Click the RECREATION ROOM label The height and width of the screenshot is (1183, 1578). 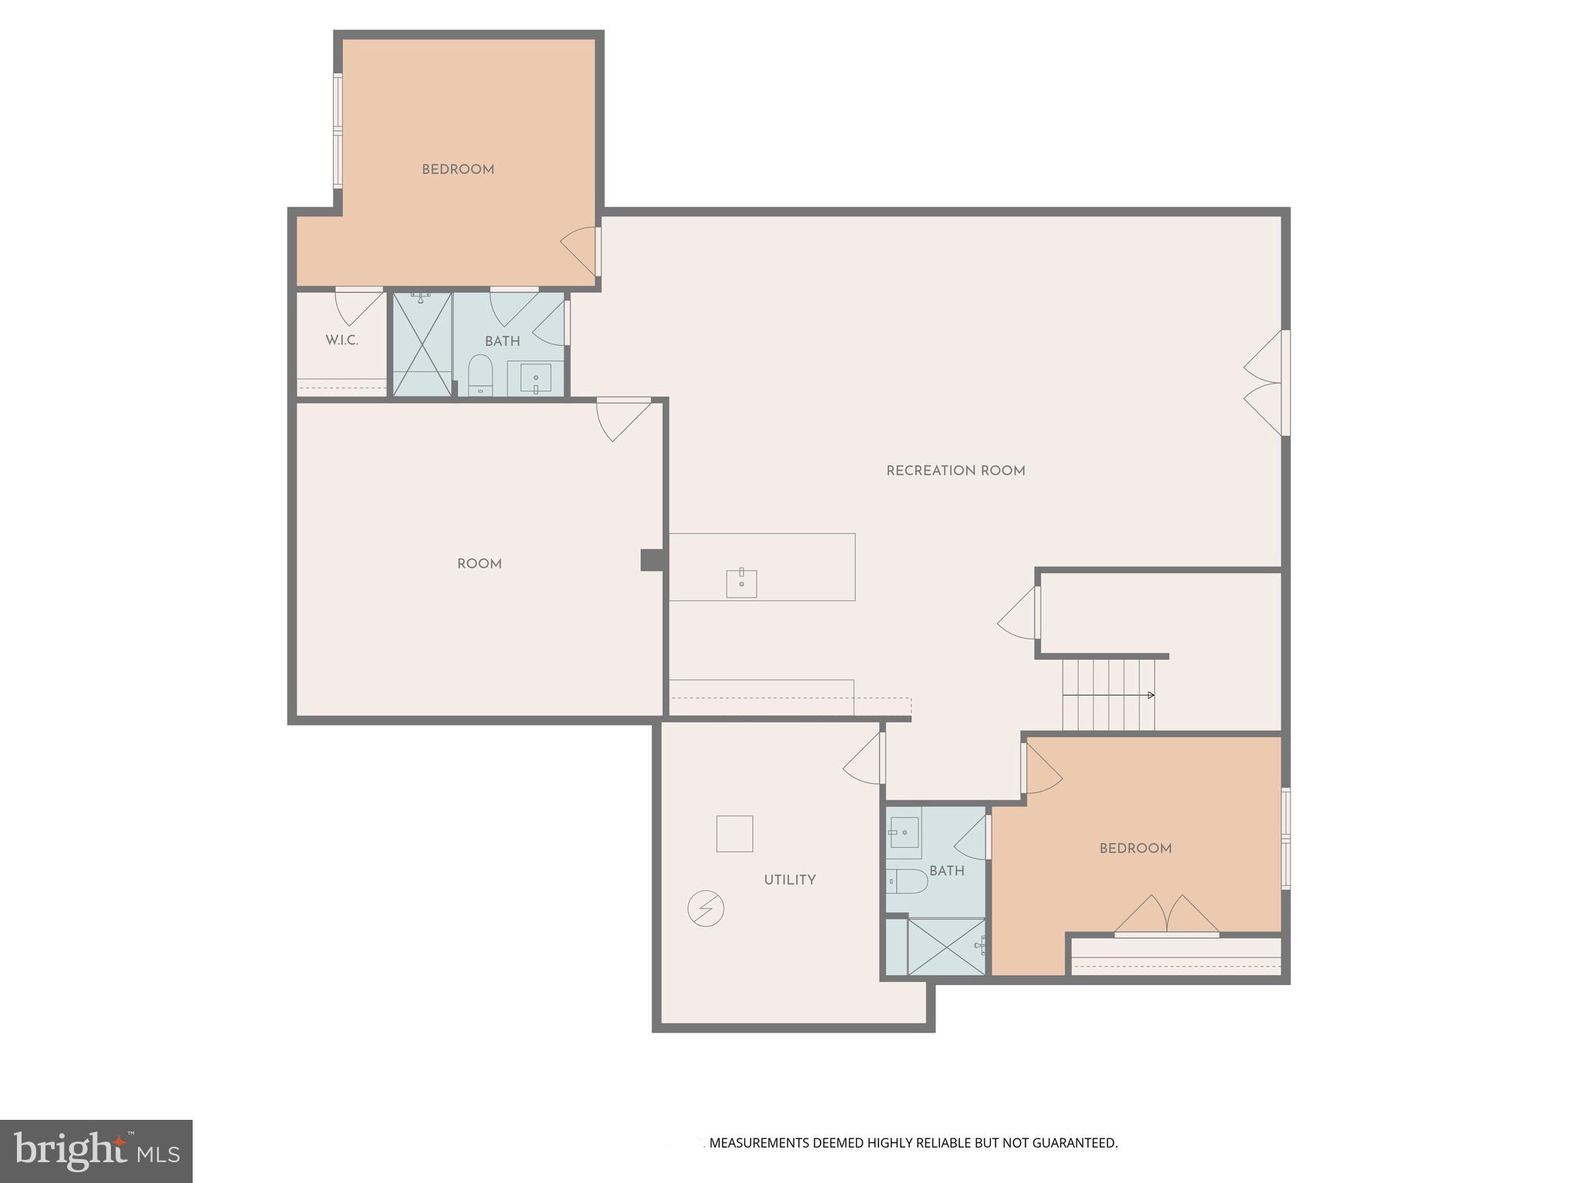pyautogui.click(x=955, y=471)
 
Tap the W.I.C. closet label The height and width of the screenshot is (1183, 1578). pyautogui.click(x=341, y=340)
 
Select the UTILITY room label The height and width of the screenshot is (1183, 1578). pyautogui.click(x=790, y=880)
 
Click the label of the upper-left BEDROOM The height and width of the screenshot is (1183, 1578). pyautogui.click(x=458, y=169)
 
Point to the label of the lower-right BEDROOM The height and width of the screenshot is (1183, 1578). pyautogui.click(x=1135, y=848)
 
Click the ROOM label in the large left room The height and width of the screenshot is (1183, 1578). pyautogui.click(x=479, y=564)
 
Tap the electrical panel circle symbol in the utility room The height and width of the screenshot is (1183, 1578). pyautogui.click(x=706, y=909)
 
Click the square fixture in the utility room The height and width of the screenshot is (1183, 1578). pyautogui.click(x=734, y=833)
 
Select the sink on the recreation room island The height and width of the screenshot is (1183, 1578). pyautogui.click(x=741, y=584)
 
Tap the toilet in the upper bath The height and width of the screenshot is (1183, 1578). pyautogui.click(x=480, y=374)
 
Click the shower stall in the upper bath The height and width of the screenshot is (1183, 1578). pyautogui.click(x=422, y=344)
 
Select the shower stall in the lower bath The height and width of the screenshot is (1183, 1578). pyautogui.click(x=946, y=947)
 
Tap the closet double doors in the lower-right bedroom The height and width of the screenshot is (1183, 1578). pyautogui.click(x=1167, y=915)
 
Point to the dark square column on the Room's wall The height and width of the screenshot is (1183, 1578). pyautogui.click(x=651, y=560)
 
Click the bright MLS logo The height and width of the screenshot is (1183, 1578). pyautogui.click(x=96, y=1151)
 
